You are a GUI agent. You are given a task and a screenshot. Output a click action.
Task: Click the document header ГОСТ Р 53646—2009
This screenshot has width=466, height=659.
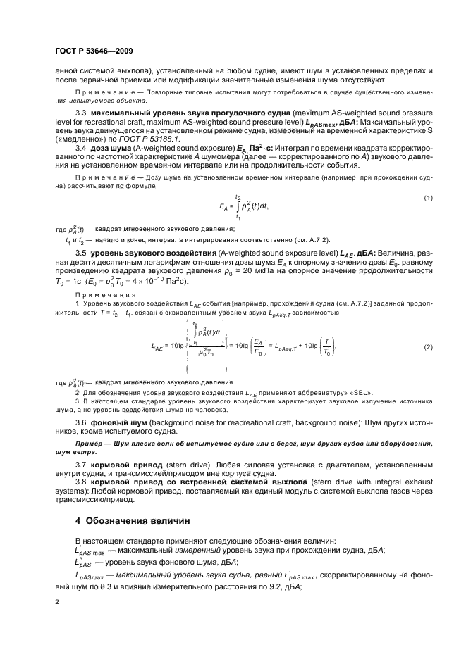pos(94,51)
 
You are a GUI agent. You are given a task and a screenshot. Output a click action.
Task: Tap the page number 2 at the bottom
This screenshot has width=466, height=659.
pos(58,602)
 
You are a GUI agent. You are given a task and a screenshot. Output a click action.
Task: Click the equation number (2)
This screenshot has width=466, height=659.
pos(427,328)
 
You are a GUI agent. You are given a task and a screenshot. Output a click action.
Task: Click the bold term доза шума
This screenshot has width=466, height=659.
pos(110,149)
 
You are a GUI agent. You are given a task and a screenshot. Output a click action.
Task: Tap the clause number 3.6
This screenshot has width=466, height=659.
pos(82,420)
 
